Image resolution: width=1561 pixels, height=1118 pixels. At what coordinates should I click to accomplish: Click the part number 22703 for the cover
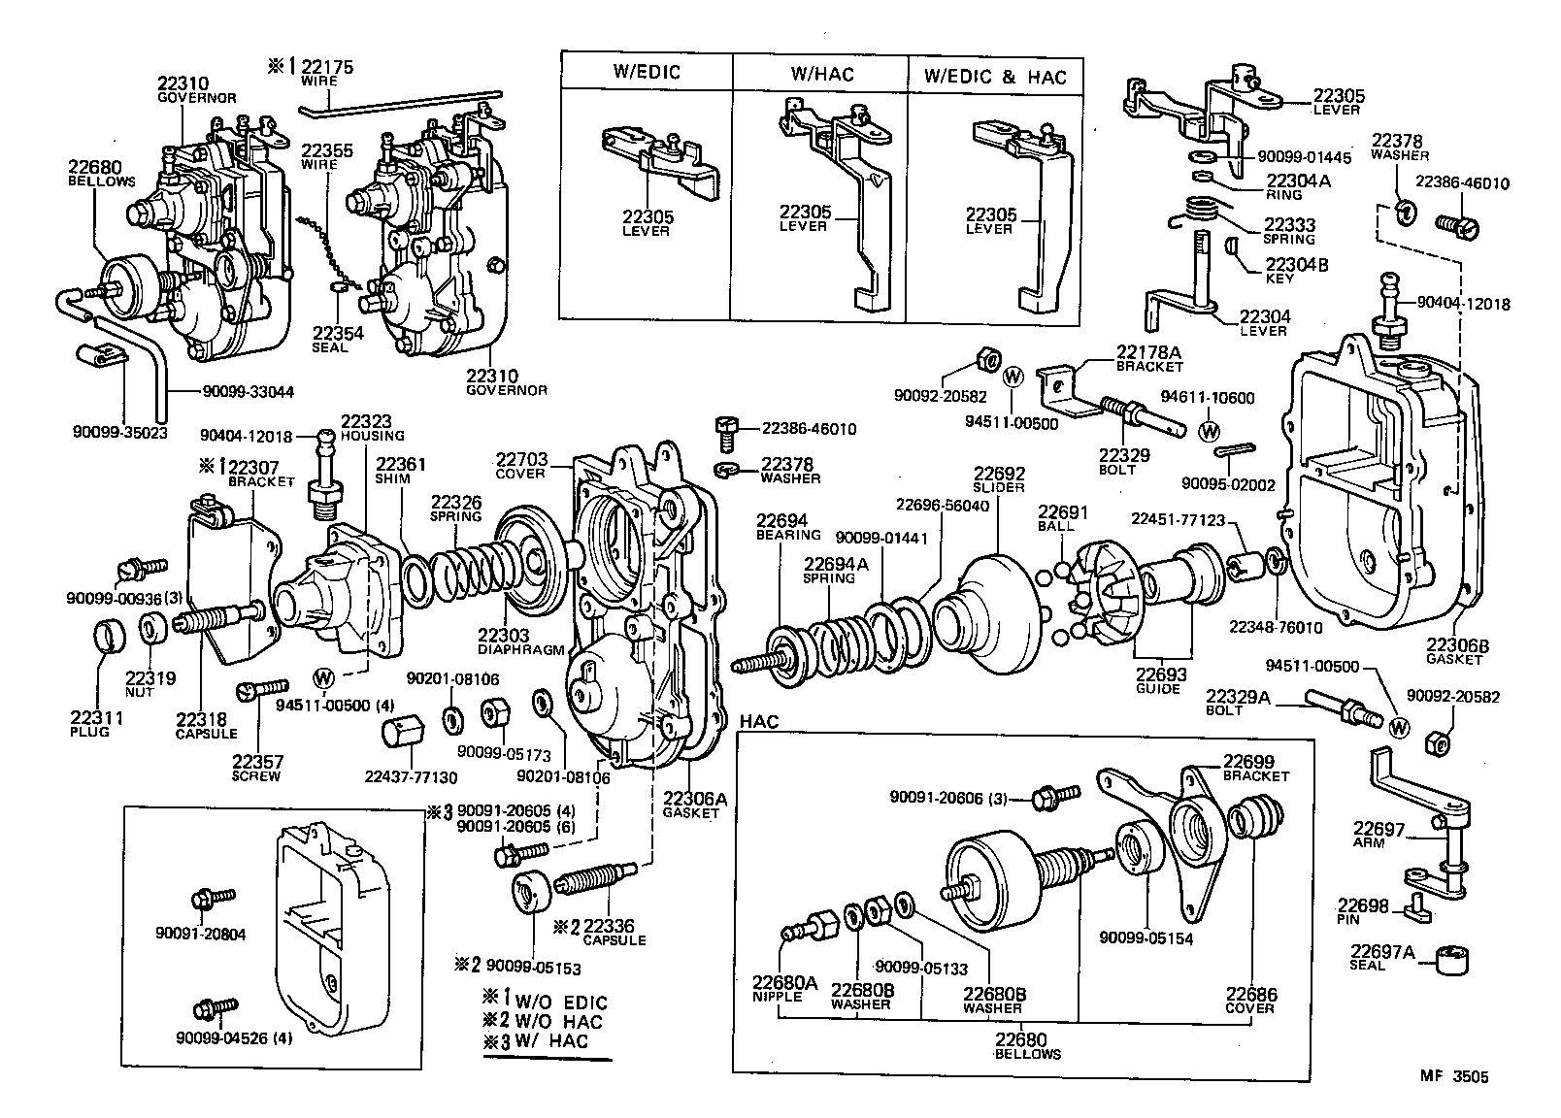521,459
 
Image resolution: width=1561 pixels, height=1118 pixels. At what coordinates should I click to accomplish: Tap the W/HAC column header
820,73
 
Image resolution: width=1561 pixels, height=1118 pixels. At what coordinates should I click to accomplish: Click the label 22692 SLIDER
998,479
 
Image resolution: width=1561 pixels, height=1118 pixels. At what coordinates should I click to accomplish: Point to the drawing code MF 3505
1453,1076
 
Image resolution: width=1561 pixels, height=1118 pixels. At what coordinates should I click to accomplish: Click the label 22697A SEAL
1378,957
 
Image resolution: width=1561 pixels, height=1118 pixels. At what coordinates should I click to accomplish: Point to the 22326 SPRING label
456,508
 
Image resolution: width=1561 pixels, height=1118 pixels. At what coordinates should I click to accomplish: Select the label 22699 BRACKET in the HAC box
1255,768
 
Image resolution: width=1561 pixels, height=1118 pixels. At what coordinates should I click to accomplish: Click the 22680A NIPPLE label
785,989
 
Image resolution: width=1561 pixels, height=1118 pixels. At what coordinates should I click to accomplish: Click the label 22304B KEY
1296,270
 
